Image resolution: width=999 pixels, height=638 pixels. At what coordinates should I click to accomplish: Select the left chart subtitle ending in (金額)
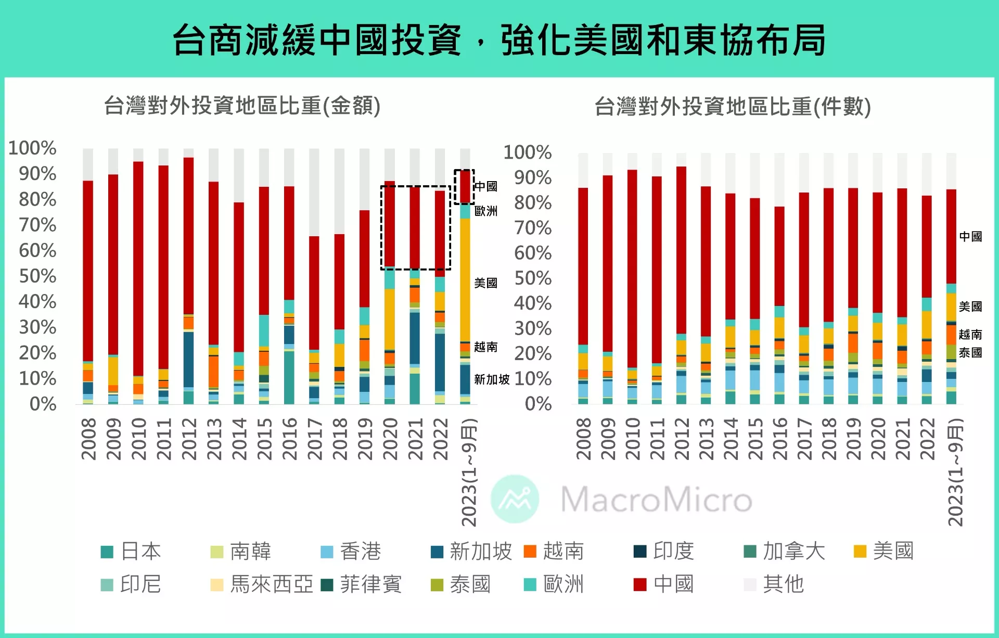tap(242, 106)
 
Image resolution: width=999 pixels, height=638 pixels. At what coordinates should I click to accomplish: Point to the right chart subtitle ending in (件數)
tap(733, 107)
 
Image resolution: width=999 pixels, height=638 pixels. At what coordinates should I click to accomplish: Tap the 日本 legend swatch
tap(107, 552)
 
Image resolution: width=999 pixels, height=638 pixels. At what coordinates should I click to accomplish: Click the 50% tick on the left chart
tap(37, 276)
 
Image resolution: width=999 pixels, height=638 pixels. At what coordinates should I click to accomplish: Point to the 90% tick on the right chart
tap(533, 177)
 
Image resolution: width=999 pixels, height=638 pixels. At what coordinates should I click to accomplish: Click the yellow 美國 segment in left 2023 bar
tap(465, 281)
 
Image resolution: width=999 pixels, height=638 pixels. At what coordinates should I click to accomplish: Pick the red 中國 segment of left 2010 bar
tap(138, 268)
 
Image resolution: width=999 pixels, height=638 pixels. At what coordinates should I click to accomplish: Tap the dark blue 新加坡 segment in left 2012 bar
tap(188, 359)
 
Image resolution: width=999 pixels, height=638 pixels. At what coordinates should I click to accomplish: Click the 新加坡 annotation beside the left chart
tap(491, 379)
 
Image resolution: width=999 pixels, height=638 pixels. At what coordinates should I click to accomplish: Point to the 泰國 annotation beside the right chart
tap(970, 353)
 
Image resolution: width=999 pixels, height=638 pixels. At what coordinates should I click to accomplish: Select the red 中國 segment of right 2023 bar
tap(951, 237)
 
